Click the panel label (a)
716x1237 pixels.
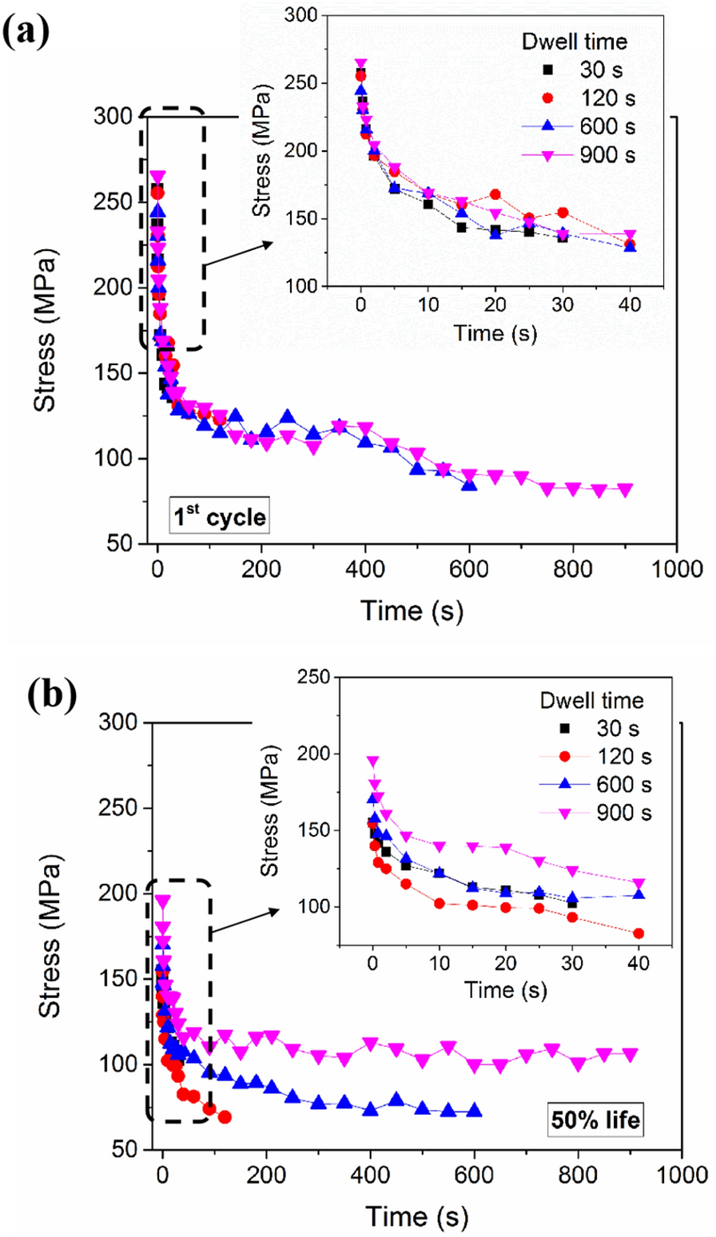33,25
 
